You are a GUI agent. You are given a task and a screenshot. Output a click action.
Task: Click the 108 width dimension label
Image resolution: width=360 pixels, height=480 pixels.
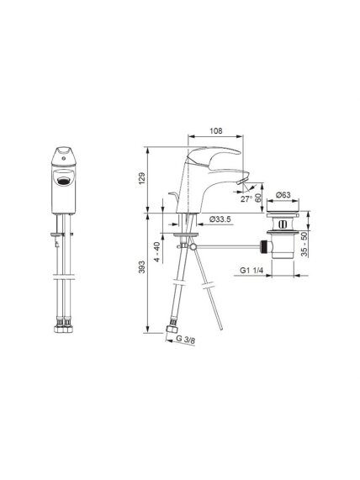pos(215,130)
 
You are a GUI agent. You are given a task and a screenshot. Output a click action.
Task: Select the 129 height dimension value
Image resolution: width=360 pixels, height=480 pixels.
pos(141,178)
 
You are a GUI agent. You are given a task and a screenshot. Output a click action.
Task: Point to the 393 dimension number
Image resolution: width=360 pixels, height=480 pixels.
pos(141,267)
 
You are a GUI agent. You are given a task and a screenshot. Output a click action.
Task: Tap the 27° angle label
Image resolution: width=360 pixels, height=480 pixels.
pos(246,199)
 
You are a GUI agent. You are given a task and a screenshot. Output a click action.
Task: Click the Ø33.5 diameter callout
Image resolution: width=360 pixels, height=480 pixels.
pos(220,219)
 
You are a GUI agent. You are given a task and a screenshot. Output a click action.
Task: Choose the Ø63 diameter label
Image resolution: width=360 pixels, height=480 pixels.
pos(283,195)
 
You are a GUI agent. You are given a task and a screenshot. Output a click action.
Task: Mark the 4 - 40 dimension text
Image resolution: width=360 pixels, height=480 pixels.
pos(156,251)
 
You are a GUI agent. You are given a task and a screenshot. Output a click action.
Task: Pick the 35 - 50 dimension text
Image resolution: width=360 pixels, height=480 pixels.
pos(304,245)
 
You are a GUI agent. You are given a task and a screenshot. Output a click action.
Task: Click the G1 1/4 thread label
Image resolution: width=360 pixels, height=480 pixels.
pos(251,271)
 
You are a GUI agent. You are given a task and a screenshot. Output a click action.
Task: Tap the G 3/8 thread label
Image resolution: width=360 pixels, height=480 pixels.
pos(186,340)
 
